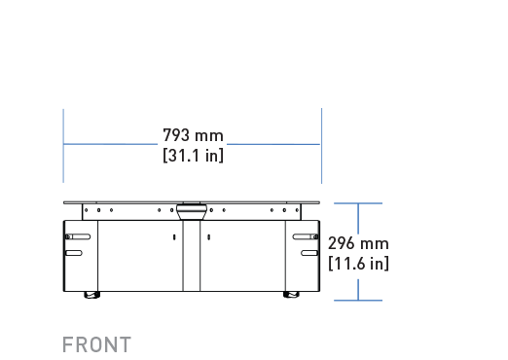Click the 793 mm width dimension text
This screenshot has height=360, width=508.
pyautogui.click(x=193, y=135)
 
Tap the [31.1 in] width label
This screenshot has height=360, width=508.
pyautogui.click(x=193, y=156)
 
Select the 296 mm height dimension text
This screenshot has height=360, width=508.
pyautogui.click(x=358, y=243)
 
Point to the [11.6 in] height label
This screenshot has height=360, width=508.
pyautogui.click(x=358, y=263)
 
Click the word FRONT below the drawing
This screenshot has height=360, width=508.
pyautogui.click(x=96, y=344)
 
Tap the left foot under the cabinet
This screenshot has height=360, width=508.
pyautogui.click(x=92, y=295)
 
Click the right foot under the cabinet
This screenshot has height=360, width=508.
pyautogui.click(x=291, y=295)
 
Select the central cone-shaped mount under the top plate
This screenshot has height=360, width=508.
pyautogui.click(x=192, y=212)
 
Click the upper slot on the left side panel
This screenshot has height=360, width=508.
pyautogui.click(x=78, y=236)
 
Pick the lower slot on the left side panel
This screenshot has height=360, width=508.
pyautogui.click(x=74, y=253)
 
